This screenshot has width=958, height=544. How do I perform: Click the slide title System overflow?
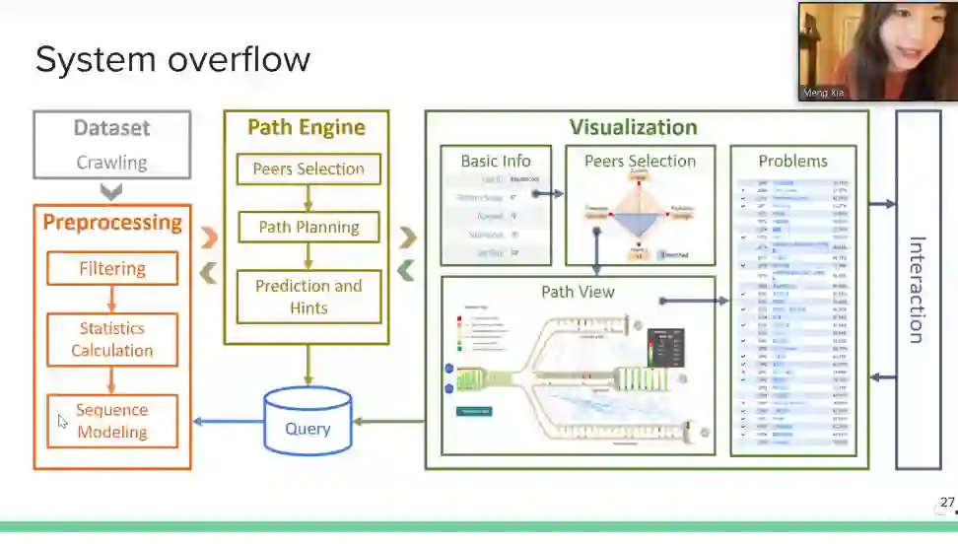click(x=172, y=60)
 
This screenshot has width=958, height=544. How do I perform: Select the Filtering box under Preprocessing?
click(x=112, y=268)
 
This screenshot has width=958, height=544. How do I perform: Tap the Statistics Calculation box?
click(x=112, y=339)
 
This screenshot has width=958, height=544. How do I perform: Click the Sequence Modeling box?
click(x=112, y=421)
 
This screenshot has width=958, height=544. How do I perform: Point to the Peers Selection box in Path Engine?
click(x=308, y=169)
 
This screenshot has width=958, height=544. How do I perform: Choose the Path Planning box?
click(x=308, y=227)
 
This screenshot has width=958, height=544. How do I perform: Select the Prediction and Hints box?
click(x=308, y=297)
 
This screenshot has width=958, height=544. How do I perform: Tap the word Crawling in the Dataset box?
click(x=111, y=163)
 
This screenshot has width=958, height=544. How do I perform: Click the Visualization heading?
click(x=633, y=127)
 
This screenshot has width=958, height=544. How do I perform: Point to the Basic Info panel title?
click(x=496, y=161)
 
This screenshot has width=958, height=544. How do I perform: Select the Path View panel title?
click(x=578, y=292)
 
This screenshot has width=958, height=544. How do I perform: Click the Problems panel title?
click(x=792, y=161)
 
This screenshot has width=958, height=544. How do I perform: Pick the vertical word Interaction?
click(x=916, y=290)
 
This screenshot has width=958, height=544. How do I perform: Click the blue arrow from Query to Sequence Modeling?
click(x=228, y=422)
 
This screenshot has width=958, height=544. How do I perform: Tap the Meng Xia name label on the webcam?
click(x=825, y=93)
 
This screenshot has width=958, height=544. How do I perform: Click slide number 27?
click(x=947, y=503)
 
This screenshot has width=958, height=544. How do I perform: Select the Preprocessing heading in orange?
click(x=112, y=222)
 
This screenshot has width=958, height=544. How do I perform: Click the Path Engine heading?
click(x=307, y=127)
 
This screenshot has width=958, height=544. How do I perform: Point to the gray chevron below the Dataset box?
click(x=111, y=190)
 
